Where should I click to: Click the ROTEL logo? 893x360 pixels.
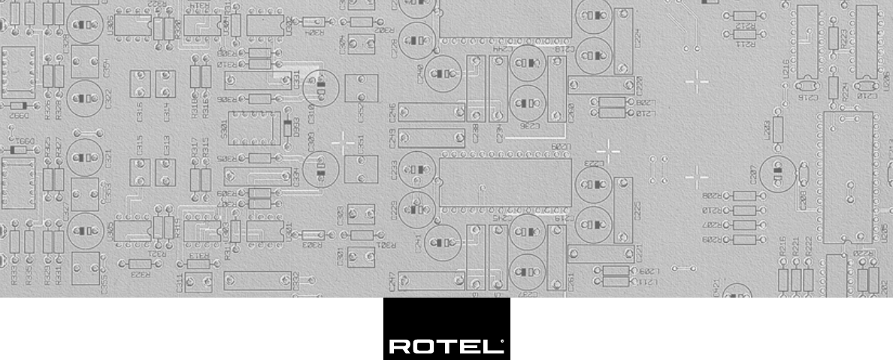[x=446, y=329]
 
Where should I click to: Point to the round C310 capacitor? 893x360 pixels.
[x=321, y=88]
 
